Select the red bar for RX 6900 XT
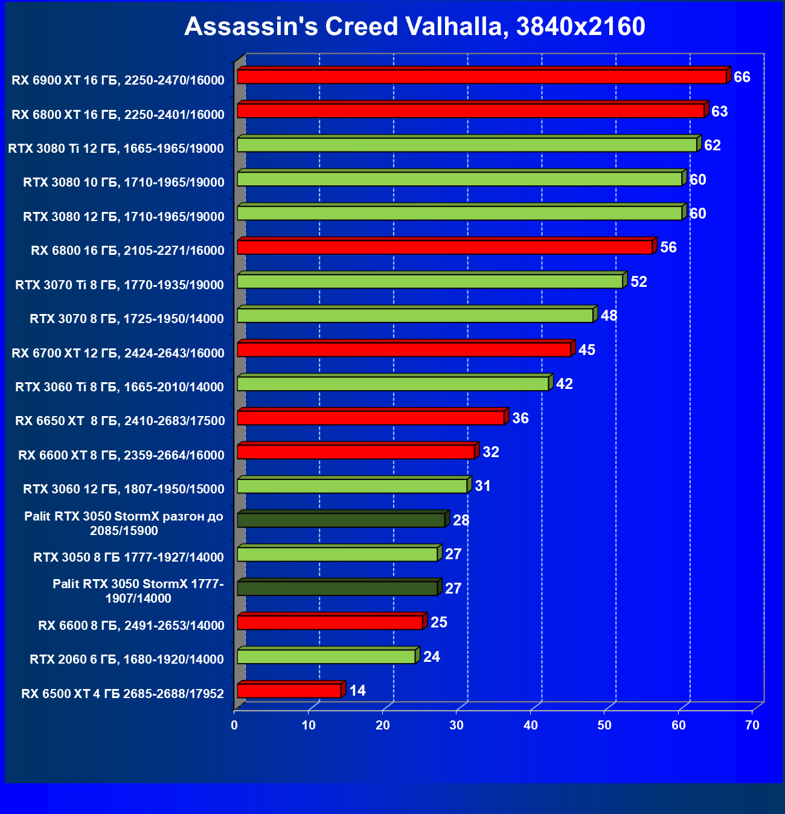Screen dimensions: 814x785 (481, 77)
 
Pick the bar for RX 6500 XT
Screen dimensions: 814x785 (289, 691)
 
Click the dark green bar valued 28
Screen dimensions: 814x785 (341, 520)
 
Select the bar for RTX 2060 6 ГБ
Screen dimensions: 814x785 (326, 656)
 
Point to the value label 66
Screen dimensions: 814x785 (742, 77)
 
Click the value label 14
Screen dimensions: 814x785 (357, 691)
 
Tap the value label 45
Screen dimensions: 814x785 (587, 350)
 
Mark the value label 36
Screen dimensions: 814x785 (521, 418)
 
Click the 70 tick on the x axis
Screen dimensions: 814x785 (752, 725)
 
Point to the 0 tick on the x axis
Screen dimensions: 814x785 (234, 725)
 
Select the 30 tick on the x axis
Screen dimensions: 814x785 (457, 725)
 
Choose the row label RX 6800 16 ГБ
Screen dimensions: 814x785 (127, 251)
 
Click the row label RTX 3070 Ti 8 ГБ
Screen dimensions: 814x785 (120, 285)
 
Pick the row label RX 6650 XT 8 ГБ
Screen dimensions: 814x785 (120, 421)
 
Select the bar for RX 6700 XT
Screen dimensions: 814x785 (404, 350)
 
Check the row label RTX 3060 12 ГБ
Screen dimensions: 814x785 (124, 489)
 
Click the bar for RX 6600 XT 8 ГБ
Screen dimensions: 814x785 (356, 452)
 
